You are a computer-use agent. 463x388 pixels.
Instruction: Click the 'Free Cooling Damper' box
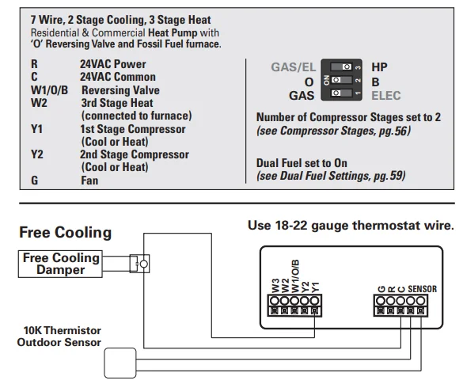tap(61, 264)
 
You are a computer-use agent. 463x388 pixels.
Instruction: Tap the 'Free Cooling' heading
tap(65, 233)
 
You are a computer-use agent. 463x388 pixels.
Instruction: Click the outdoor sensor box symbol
tap(121, 363)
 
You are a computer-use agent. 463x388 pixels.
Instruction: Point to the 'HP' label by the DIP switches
tap(379, 68)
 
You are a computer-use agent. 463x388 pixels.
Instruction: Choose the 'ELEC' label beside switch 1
tap(386, 95)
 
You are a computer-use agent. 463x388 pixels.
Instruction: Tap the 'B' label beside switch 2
tap(375, 82)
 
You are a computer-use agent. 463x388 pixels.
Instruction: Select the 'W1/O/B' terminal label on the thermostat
tap(295, 276)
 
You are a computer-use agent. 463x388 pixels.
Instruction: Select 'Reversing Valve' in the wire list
tap(120, 90)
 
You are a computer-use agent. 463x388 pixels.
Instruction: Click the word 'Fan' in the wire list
tap(89, 181)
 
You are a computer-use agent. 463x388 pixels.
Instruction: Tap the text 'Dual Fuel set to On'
tap(302, 163)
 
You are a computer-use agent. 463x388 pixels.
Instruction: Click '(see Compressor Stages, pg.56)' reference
tap(333, 130)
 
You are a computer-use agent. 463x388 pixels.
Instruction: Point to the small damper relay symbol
tap(143, 262)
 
